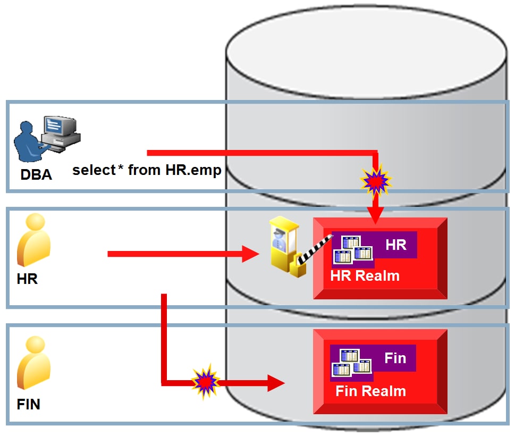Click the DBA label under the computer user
click(36, 174)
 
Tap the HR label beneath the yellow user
click(27, 279)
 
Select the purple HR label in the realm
click(395, 245)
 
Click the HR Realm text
click(365, 276)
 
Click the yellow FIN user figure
click(34, 364)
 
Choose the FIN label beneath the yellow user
click(29, 404)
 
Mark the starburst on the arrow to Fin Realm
click(205, 381)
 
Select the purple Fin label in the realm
click(395, 358)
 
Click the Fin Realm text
click(370, 391)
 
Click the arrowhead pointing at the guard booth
click(250, 254)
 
